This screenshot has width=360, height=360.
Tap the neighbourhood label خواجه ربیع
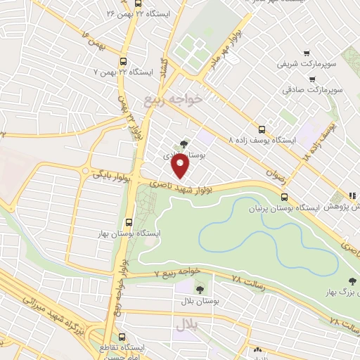pyautogui.click(x=173, y=98)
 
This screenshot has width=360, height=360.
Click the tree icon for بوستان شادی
pyautogui.click(x=184, y=145)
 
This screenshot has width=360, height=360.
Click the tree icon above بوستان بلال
pyautogui.click(x=200, y=288)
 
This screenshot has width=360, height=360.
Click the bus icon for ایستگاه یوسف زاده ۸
pyautogui.click(x=262, y=129)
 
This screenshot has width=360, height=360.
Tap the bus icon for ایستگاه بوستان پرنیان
pyautogui.click(x=285, y=198)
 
